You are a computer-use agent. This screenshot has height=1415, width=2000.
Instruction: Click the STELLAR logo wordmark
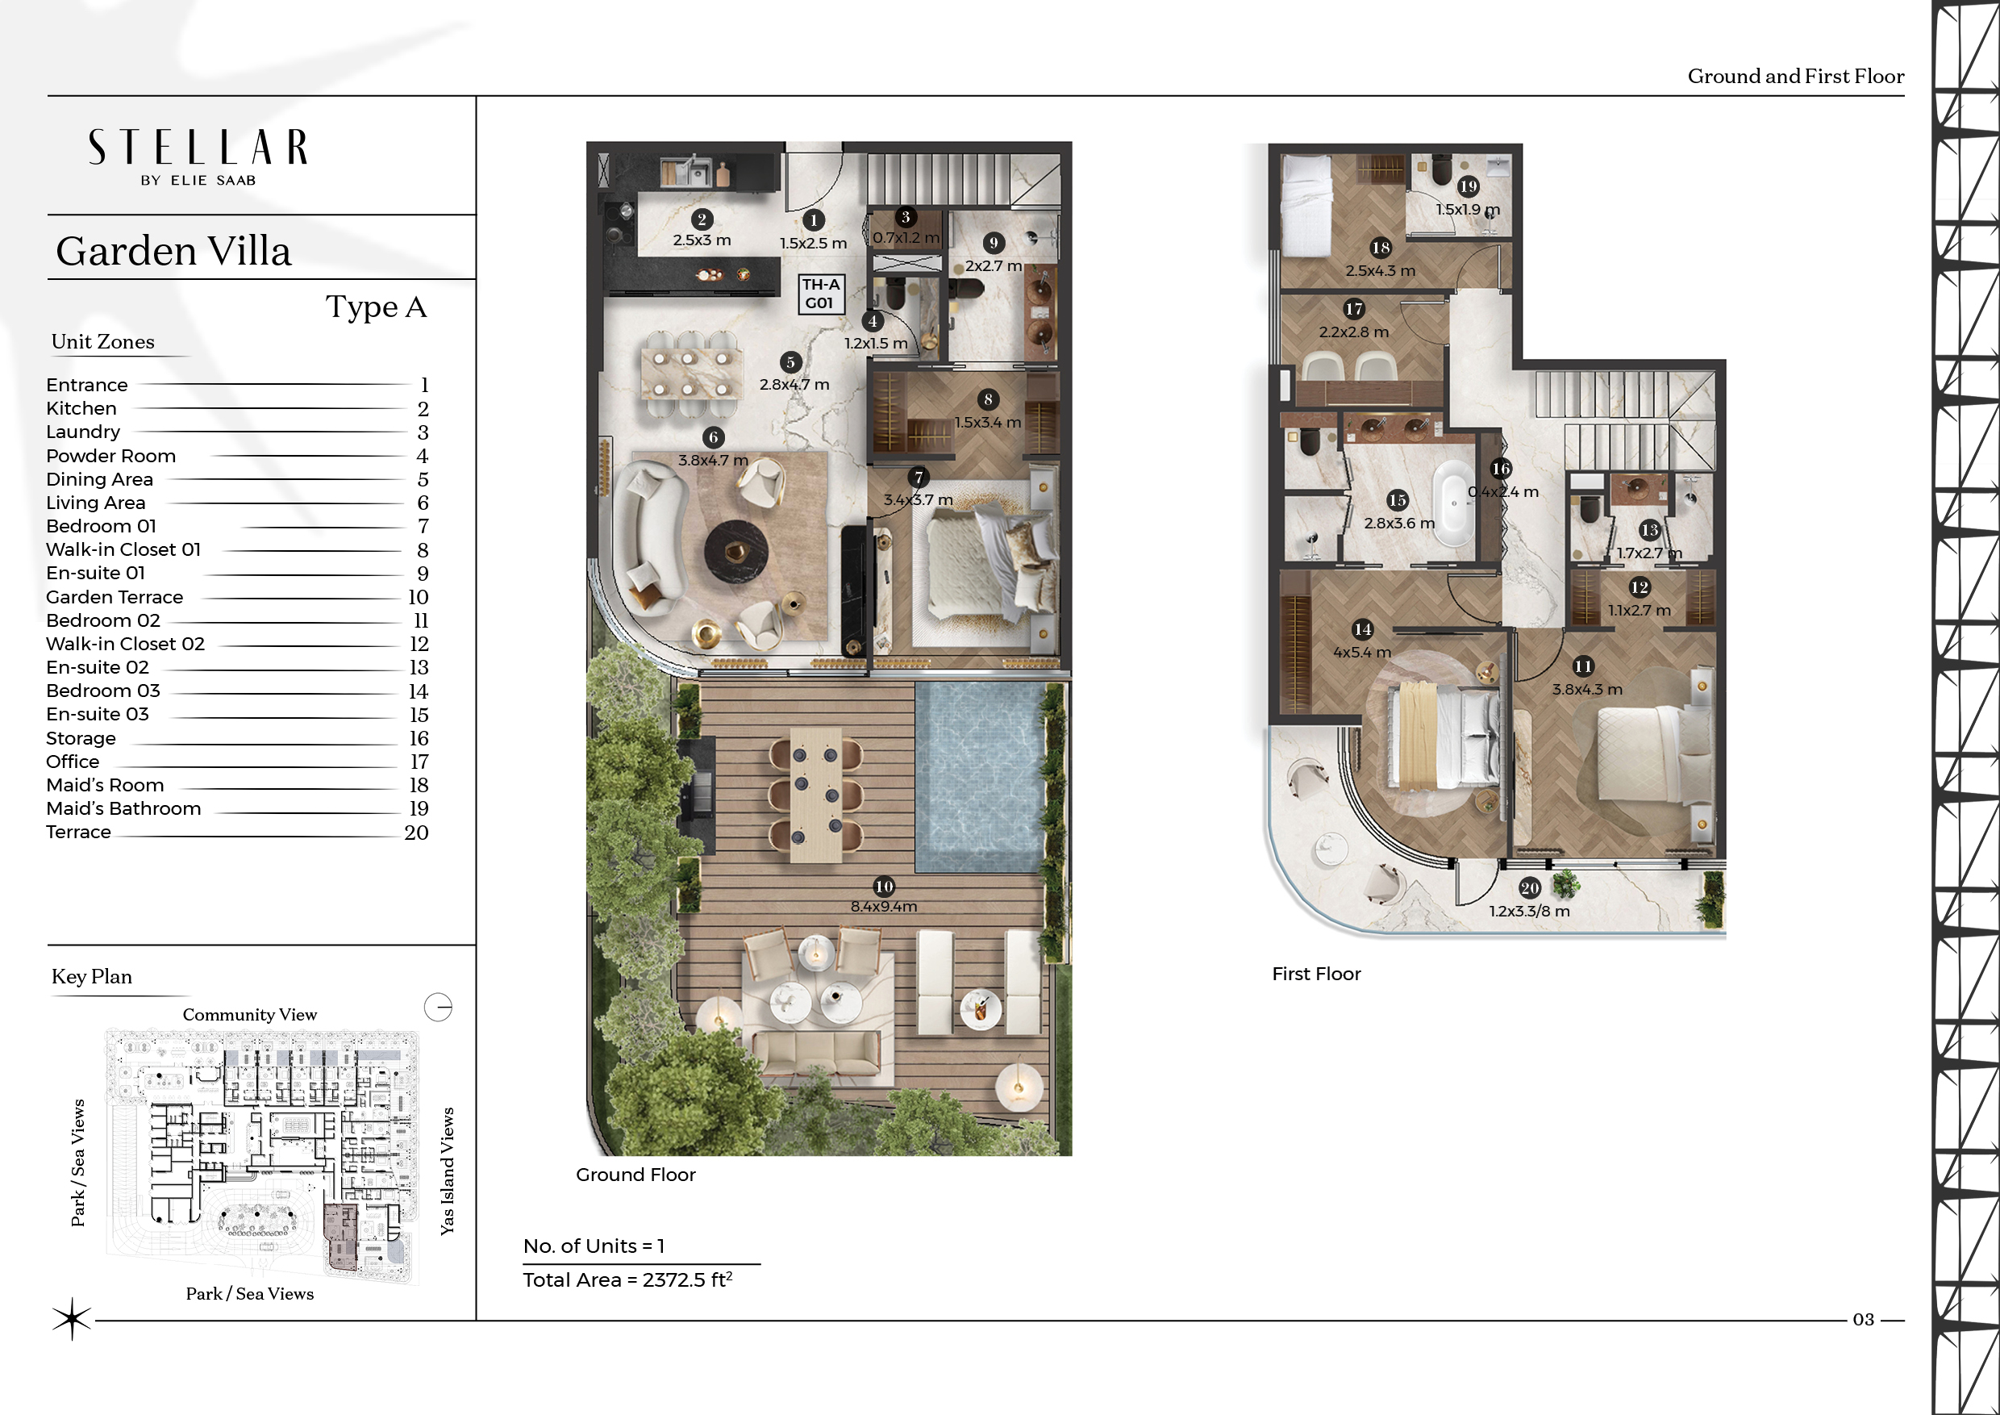pyautogui.click(x=198, y=148)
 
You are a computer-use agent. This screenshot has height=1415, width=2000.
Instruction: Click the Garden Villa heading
pyautogui.click(x=173, y=251)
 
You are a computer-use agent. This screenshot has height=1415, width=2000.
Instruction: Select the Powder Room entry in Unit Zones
pyautogui.click(x=110, y=456)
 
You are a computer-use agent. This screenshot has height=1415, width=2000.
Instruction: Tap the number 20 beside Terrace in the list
pyautogui.click(x=416, y=832)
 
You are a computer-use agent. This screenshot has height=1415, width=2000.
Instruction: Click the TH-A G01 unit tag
pyautogui.click(x=819, y=294)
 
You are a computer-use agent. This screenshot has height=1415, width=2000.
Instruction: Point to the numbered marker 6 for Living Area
pyautogui.click(x=714, y=437)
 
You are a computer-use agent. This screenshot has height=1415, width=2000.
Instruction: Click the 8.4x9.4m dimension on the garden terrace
pyautogui.click(x=883, y=906)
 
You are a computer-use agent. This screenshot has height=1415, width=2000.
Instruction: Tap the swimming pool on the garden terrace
pyautogui.click(x=979, y=776)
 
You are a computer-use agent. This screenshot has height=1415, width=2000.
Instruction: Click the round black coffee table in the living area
pyautogui.click(x=737, y=552)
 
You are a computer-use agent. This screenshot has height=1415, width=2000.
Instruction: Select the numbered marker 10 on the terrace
pyautogui.click(x=884, y=886)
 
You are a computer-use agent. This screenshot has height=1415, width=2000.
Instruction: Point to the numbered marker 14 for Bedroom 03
pyautogui.click(x=1362, y=629)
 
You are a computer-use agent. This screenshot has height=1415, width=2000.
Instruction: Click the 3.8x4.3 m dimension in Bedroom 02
pyautogui.click(x=1587, y=689)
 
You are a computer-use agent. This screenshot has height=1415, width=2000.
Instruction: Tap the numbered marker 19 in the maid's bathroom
pyautogui.click(x=1469, y=186)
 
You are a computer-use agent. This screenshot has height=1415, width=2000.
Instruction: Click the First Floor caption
pyautogui.click(x=1316, y=973)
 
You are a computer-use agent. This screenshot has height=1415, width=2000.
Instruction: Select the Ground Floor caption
pyautogui.click(x=636, y=1175)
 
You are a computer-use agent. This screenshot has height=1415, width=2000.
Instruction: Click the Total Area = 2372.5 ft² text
pyautogui.click(x=627, y=1279)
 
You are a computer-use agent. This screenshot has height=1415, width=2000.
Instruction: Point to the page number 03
pyautogui.click(x=1863, y=1319)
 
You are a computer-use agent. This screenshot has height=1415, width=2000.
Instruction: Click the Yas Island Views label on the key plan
pyautogui.click(x=447, y=1171)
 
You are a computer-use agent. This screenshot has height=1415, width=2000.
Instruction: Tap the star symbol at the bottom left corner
pyautogui.click(x=72, y=1318)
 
